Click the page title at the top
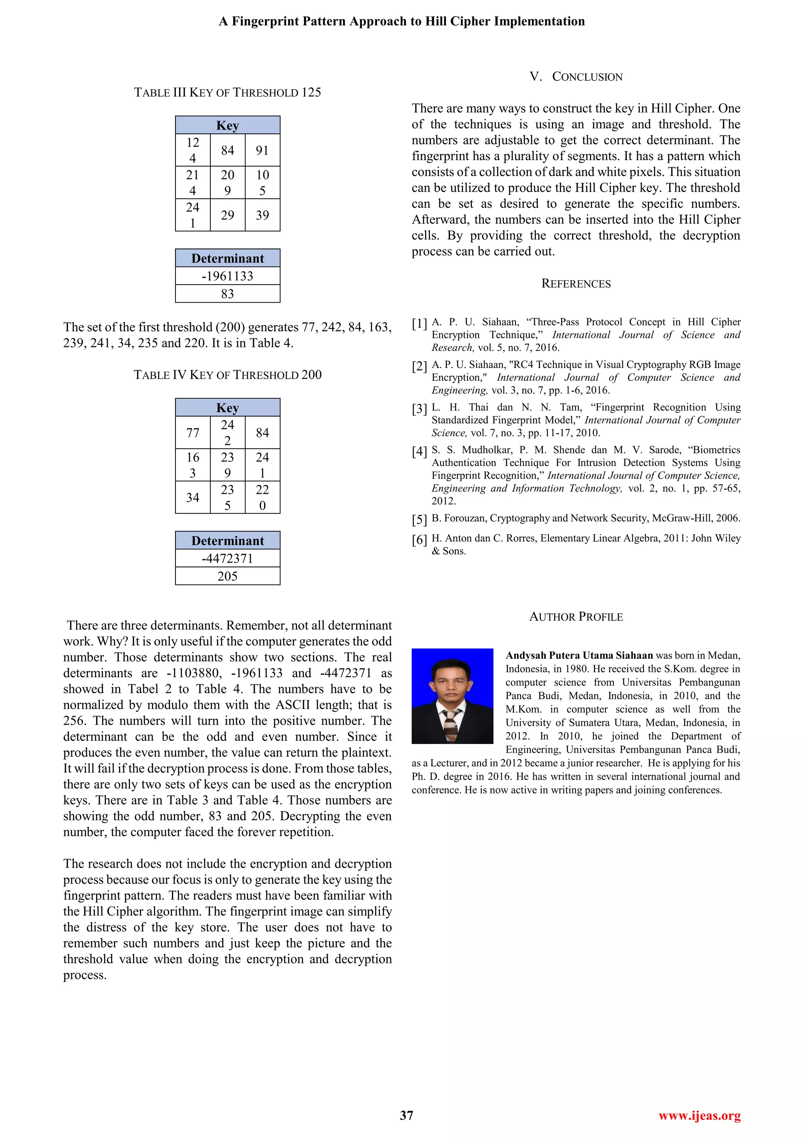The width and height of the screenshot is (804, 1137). [402, 21]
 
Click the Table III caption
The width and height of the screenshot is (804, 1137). [227, 93]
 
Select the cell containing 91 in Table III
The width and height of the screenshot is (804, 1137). [262, 150]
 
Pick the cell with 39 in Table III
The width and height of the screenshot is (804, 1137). [262, 215]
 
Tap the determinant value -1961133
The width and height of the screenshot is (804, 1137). [227, 276]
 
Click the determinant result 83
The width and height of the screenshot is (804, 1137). [227, 294]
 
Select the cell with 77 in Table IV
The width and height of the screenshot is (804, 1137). [193, 433]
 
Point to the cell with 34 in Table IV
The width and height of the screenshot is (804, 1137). [193, 497]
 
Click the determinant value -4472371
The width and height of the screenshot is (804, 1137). [227, 558]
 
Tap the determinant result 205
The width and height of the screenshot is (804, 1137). [227, 576]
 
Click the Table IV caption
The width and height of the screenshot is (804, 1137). [227, 375]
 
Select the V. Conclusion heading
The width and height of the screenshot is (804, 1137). [576, 77]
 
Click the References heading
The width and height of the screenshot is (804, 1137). [576, 284]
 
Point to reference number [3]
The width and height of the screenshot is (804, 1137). [419, 409]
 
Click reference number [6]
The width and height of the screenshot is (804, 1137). [419, 540]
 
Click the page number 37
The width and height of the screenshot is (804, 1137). [406, 1115]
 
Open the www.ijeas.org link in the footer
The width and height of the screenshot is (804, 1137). [699, 1116]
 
